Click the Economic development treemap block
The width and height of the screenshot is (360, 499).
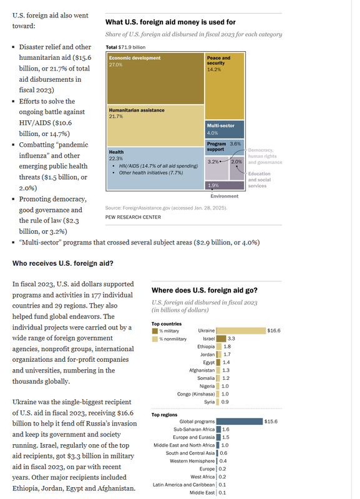pyautogui.click(x=155, y=79)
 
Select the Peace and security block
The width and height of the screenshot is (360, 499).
pyautogui.click(x=225, y=86)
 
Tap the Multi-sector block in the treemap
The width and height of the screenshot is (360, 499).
pyautogui.click(x=225, y=129)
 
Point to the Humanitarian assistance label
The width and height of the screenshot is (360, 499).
pyautogui.click(x=137, y=110)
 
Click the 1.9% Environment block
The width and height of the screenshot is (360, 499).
pyautogui.click(x=225, y=185)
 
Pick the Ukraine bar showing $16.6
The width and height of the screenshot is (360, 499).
pyautogui.click(x=241, y=331)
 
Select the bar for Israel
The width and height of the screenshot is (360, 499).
pyautogui.click(x=221, y=339)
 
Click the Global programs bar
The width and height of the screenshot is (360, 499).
pyautogui.click(x=240, y=422)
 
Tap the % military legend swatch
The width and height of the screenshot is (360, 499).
pyautogui.click(x=155, y=331)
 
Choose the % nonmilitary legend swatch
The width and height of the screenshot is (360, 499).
pyautogui.click(x=155, y=339)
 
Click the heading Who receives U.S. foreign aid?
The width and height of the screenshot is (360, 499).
pyautogui.click(x=63, y=263)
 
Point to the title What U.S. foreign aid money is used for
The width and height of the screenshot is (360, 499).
pyautogui.click(x=170, y=22)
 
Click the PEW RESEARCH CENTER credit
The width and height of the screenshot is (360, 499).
pyautogui.click(x=133, y=217)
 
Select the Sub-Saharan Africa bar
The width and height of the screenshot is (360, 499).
pyautogui.click(x=218, y=429)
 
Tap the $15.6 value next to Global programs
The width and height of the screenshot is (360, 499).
pyautogui.click(x=271, y=422)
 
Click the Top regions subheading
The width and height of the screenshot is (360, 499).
pyautogui.click(x=164, y=415)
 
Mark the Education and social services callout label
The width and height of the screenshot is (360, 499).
pyautogui.click(x=260, y=180)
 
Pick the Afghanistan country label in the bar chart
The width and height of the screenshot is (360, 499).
pyautogui.click(x=202, y=371)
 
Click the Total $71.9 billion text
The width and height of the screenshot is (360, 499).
pyautogui.click(x=125, y=47)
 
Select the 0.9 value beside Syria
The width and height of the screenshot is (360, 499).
pyautogui.click(x=225, y=402)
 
